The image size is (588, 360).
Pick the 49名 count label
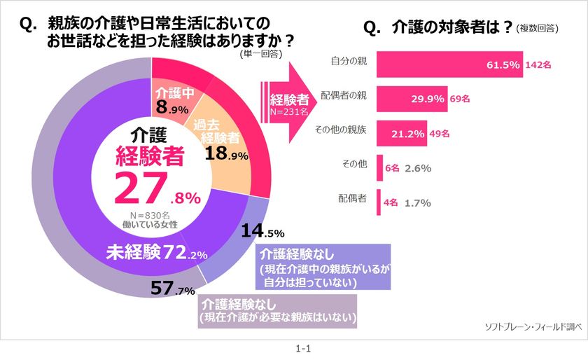click(x=439, y=133)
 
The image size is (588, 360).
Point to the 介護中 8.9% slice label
click(x=170, y=101)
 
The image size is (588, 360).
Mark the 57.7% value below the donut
click(x=174, y=288)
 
